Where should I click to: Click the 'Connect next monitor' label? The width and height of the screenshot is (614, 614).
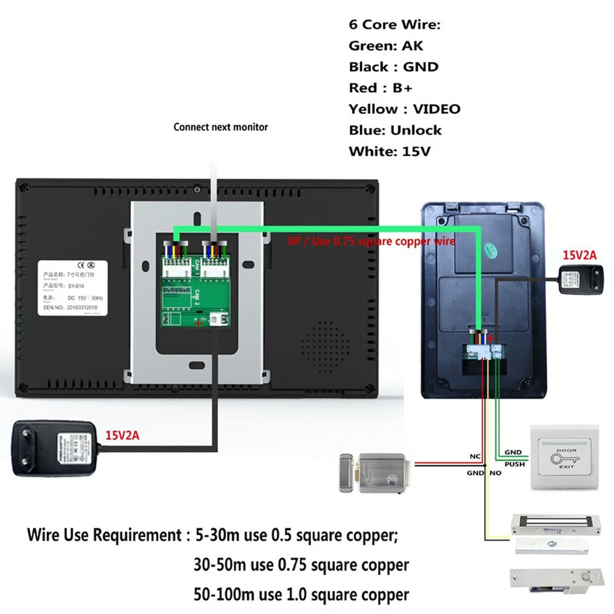tap(221, 127)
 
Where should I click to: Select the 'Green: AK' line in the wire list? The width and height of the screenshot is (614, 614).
tap(386, 45)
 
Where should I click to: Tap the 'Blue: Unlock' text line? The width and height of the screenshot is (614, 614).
tap(395, 130)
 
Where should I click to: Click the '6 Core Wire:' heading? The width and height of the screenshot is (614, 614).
tap(395, 24)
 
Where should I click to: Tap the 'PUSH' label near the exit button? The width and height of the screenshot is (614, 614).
tap(514, 464)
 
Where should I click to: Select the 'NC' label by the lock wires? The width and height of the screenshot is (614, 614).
tap(475, 457)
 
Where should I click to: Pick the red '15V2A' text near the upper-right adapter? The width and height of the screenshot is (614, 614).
tap(579, 255)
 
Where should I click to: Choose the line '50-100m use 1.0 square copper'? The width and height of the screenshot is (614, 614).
tap(301, 594)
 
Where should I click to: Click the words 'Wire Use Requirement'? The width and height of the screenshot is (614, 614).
tap(101, 535)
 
